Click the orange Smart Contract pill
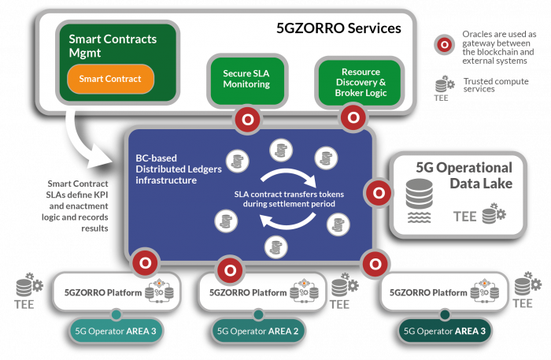pyautogui.click(x=109, y=79)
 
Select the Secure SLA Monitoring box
pyautogui.click(x=246, y=79)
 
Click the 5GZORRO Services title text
pyautogui.click(x=338, y=28)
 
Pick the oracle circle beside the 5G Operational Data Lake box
pyautogui.click(x=379, y=191)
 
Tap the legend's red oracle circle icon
pyautogui.click(x=446, y=44)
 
